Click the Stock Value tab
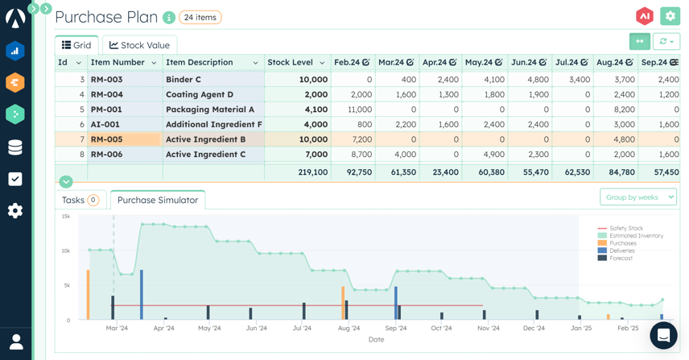point(139,45)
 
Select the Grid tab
point(76,45)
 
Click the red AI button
point(644,16)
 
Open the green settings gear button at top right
point(670,16)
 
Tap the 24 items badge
point(200,17)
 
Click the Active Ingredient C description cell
point(205,155)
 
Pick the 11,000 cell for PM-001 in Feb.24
point(353,110)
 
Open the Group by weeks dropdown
point(637,197)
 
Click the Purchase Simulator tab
point(158,200)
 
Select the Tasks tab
point(79,200)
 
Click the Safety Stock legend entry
point(625,229)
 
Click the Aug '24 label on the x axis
point(349,329)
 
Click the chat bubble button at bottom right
point(663,335)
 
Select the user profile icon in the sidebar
point(15,341)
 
